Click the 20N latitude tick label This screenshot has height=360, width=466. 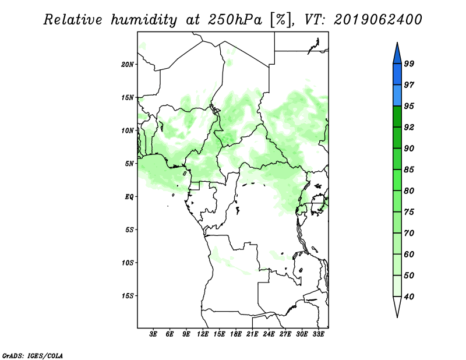pyautogui.click(x=128, y=64)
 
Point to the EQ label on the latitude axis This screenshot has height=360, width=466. pyautogui.click(x=129, y=197)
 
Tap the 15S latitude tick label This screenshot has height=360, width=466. pyautogui.click(x=128, y=296)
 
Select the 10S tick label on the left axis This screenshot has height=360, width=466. pyautogui.click(x=128, y=263)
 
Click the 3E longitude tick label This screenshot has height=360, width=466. pyautogui.click(x=154, y=334)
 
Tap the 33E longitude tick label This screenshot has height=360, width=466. pyautogui.click(x=319, y=334)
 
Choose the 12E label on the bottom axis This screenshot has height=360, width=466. pyautogui.click(x=203, y=334)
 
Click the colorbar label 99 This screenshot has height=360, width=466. pyautogui.click(x=409, y=63)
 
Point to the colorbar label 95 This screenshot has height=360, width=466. pyautogui.click(x=409, y=106)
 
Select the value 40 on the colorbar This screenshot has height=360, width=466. pyautogui.click(x=409, y=297)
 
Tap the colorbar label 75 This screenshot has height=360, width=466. pyautogui.click(x=409, y=212)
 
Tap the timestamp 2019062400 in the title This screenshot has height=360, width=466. pyautogui.click(x=378, y=20)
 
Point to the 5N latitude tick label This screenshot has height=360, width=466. pyautogui.click(x=129, y=164)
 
